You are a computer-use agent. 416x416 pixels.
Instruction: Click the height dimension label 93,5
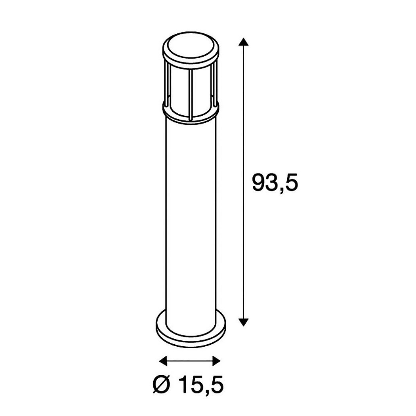[x=275, y=182]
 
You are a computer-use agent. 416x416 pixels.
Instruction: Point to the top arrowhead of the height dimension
[x=244, y=42]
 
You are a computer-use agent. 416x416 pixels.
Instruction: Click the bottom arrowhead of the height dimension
[x=244, y=322]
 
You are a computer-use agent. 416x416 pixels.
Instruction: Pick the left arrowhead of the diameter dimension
[x=163, y=361]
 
